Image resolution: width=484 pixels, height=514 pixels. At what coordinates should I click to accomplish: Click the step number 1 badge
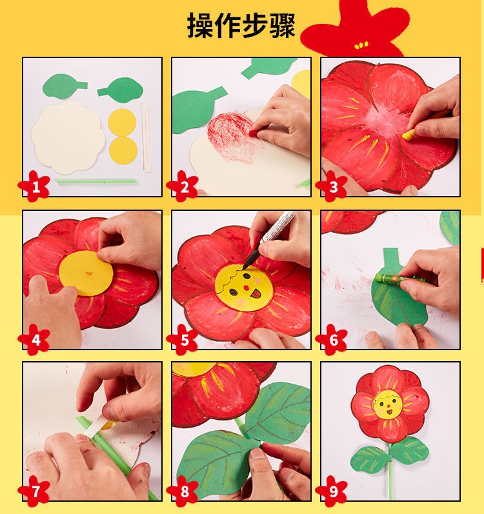[36, 187]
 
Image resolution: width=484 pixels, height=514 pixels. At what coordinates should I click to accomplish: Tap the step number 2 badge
[185, 187]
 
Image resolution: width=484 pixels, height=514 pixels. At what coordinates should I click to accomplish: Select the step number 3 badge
[333, 187]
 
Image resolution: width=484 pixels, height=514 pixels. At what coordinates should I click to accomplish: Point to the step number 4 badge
[36, 340]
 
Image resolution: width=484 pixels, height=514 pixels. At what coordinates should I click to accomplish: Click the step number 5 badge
[185, 340]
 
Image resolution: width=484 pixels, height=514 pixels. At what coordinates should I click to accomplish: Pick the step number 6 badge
[333, 340]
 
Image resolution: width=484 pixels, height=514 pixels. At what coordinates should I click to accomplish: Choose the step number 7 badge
[36, 492]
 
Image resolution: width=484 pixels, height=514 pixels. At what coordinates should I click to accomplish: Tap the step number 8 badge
[185, 492]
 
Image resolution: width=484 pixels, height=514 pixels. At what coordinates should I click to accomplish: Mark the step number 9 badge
[333, 492]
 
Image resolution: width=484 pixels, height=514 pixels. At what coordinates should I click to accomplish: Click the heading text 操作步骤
[241, 26]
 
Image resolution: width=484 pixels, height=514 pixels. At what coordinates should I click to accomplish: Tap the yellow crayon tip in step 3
[408, 136]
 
